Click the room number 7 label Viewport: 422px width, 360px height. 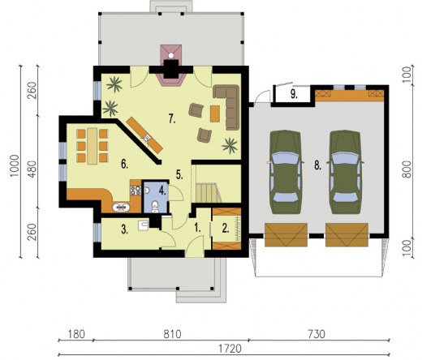pos(172,119)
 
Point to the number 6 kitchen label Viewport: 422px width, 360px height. pos(125,164)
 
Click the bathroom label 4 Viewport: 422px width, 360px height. pos(163,191)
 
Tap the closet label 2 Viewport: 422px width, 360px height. pos(226,228)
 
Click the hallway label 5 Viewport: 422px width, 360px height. pos(179,174)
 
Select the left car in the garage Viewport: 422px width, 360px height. pos(283,165)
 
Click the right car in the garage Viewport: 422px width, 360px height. pos(344,165)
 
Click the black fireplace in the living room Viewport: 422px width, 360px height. pos(171,71)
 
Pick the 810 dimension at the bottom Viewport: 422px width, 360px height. pos(171,334)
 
